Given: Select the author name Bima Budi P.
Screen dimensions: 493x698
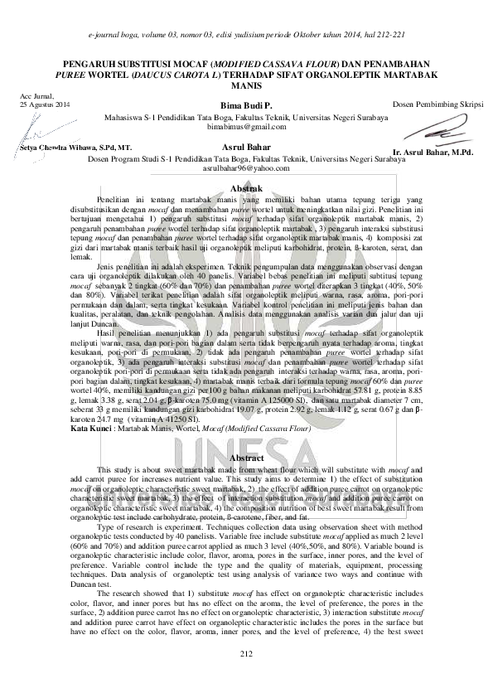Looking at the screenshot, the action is pyautogui.click(x=246, y=107).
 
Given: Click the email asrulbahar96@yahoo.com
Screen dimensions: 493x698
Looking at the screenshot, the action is pyautogui.click(x=246, y=167).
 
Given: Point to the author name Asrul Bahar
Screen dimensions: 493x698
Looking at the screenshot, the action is pyautogui.click(x=246, y=147).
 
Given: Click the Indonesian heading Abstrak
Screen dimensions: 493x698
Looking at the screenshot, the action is pyautogui.click(x=245, y=190).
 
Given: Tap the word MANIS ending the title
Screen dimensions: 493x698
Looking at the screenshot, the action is pyautogui.click(x=246, y=85).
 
